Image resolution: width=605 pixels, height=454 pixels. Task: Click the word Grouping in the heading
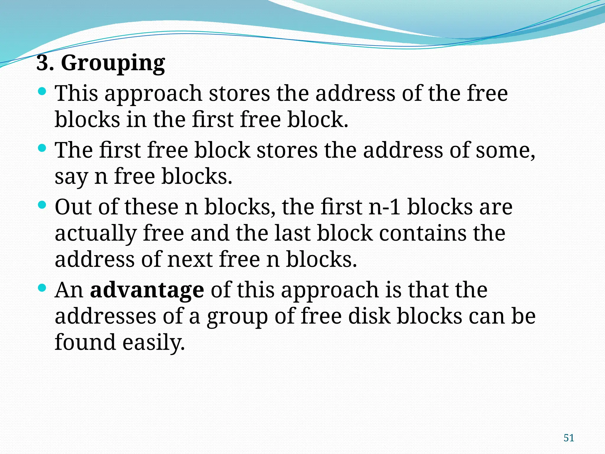pyautogui.click(x=113, y=63)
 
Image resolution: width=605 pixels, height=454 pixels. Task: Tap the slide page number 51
pyautogui.click(x=569, y=438)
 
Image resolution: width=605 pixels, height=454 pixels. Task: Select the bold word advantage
pyautogui.click(x=147, y=290)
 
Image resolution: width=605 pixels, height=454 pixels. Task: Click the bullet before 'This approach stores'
pyautogui.click(x=42, y=91)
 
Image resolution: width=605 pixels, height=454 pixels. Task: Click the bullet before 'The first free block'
pyautogui.click(x=42, y=148)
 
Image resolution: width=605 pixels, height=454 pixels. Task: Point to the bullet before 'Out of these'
pyautogui.click(x=42, y=205)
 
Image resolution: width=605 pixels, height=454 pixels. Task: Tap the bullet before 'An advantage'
pyautogui.click(x=42, y=288)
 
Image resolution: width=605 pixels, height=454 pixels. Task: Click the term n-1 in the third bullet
pyautogui.click(x=385, y=207)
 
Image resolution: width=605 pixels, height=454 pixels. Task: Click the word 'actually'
pyautogui.click(x=95, y=234)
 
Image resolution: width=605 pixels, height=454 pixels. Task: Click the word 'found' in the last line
pyautogui.click(x=85, y=342)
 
